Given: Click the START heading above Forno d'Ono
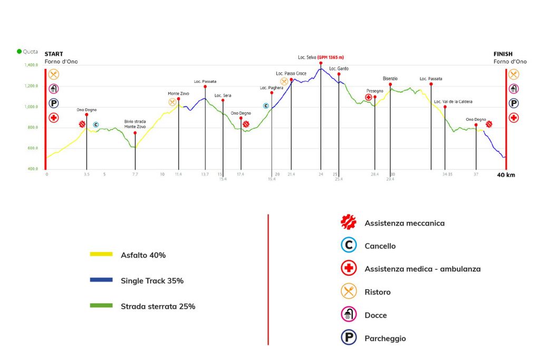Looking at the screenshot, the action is point(54,54).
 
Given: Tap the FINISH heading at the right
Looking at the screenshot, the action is point(503,54).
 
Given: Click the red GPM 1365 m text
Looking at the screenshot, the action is point(331,57).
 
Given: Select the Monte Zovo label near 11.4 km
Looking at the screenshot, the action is point(178,94).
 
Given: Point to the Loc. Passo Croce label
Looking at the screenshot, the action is point(291,73).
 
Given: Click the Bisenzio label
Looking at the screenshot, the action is point(390,79).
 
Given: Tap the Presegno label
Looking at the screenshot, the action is point(375,91).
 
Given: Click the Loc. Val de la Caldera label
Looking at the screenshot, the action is point(453,102).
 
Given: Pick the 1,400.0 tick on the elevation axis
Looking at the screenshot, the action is point(31,65).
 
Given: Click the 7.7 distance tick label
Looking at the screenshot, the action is point(135,174).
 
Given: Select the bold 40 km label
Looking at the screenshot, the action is point(506,175).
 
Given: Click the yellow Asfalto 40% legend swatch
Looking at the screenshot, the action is point(101,255).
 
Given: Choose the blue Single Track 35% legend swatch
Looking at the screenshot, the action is point(101,280).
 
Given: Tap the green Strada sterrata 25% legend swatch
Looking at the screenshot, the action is point(101,305).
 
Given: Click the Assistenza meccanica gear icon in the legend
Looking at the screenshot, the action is point(349,222).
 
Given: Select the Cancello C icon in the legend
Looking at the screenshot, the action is point(349,245).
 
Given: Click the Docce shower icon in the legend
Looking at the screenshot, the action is point(349,314).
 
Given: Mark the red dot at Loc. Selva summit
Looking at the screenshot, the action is point(321,63).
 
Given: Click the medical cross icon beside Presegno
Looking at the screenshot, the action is point(369,98).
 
